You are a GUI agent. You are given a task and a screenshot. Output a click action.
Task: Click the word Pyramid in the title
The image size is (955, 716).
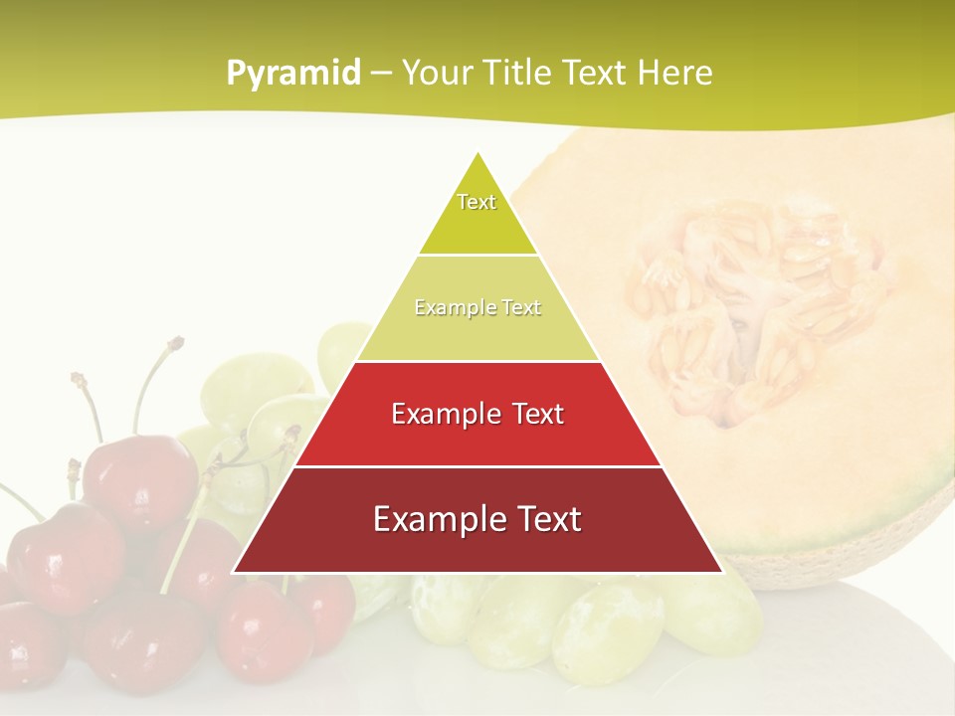tap(293, 74)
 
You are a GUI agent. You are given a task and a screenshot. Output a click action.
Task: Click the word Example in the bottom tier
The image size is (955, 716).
tap(432, 520)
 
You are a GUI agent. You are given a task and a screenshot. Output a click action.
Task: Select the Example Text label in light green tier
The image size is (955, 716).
tap(477, 308)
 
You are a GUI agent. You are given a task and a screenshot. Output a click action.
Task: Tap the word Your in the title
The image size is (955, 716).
tap(435, 74)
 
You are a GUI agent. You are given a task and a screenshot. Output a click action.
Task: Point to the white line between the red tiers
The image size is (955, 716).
tap(477, 466)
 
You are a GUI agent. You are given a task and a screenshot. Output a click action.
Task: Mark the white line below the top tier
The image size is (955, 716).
tap(477, 256)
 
